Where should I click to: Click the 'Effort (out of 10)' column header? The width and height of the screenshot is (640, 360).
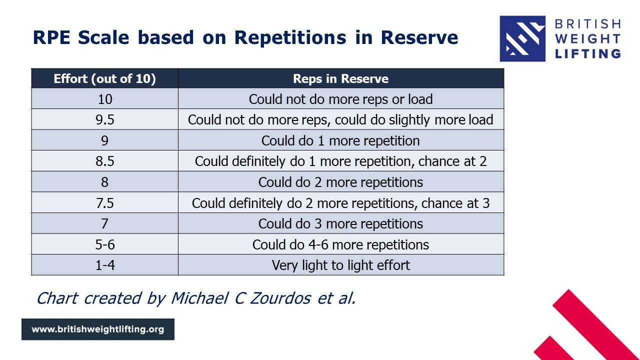pyautogui.click(x=105, y=78)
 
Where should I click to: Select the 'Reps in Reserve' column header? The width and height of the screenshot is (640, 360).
pyautogui.click(x=340, y=78)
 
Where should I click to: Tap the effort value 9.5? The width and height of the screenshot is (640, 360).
pyautogui.click(x=105, y=119)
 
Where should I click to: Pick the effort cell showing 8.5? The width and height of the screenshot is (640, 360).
pyautogui.click(x=105, y=161)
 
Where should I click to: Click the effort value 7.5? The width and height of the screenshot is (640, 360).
pyautogui.click(x=105, y=203)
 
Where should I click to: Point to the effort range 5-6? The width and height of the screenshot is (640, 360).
pyautogui.click(x=105, y=244)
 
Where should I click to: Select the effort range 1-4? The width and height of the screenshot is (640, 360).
pyautogui.click(x=105, y=265)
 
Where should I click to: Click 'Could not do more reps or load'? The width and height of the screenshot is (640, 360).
pyautogui.click(x=340, y=99)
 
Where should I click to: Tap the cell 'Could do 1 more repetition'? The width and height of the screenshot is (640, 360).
pyautogui.click(x=340, y=140)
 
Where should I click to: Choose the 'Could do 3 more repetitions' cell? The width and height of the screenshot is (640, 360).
pyautogui.click(x=340, y=223)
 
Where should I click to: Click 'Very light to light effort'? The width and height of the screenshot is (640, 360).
pyautogui.click(x=340, y=265)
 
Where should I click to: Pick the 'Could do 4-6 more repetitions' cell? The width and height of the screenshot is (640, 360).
pyautogui.click(x=340, y=244)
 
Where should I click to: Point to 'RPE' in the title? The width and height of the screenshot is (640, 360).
pyautogui.click(x=51, y=37)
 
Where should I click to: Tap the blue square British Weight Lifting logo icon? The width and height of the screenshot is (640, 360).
pyautogui.click(x=522, y=38)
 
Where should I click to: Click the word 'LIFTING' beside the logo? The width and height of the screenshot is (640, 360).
pyautogui.click(x=587, y=53)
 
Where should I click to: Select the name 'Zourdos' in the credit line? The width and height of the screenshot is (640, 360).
pyautogui.click(x=280, y=298)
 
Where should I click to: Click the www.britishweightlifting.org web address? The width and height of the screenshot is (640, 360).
pyautogui.click(x=97, y=329)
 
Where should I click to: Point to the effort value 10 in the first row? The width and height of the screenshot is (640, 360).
pyautogui.click(x=105, y=99)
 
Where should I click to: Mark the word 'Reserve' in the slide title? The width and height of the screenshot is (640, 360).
pyautogui.click(x=419, y=37)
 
